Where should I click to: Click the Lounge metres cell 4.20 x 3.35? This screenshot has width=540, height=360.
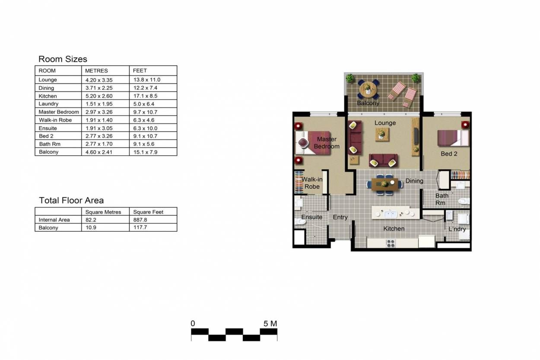pyautogui.click(x=99, y=80)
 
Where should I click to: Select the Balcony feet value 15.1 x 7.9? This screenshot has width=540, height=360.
pyautogui.click(x=145, y=152)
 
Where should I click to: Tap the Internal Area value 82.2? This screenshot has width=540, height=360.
pyautogui.click(x=91, y=220)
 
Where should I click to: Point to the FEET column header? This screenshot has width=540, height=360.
pyautogui.click(x=140, y=70)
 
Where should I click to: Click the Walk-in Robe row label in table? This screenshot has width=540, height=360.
pyautogui.click(x=55, y=120)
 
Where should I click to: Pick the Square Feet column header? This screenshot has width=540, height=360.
pyautogui.click(x=148, y=212)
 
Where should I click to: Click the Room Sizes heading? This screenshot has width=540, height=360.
pyautogui.click(x=63, y=59)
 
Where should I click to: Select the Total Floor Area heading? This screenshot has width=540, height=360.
pyautogui.click(x=71, y=200)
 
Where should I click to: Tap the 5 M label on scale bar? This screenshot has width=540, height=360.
pyautogui.click(x=270, y=324)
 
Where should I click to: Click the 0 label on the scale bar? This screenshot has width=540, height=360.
pyautogui.click(x=193, y=324)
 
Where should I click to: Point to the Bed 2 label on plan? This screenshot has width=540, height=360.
pyautogui.click(x=449, y=154)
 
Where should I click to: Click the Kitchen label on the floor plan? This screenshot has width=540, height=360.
pyautogui.click(x=394, y=228)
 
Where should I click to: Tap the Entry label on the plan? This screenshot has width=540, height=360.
pyautogui.click(x=340, y=217)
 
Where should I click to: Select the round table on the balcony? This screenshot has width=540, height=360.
pyautogui.click(x=368, y=89)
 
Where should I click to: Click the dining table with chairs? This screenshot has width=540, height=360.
pyautogui.click(x=384, y=184)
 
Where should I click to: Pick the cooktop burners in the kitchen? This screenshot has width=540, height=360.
pyautogui.click(x=391, y=243)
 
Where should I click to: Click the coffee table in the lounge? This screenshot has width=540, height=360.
pyautogui.click(x=382, y=134)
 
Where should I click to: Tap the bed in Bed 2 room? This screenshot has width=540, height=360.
pyautogui.click(x=453, y=138)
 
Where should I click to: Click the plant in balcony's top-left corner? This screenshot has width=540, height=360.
pyautogui.click(x=350, y=78)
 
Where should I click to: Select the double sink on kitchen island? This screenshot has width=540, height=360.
pyautogui.click(x=391, y=214)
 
